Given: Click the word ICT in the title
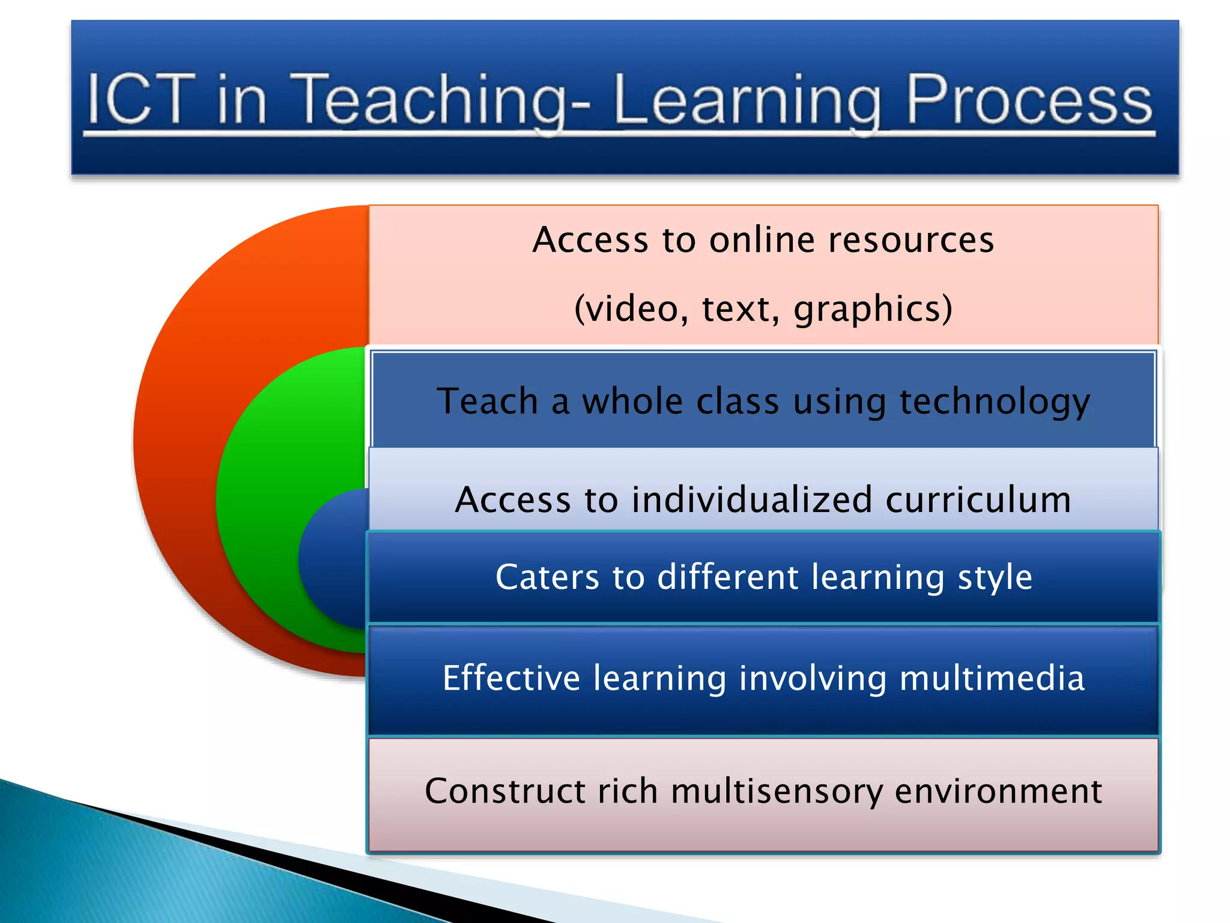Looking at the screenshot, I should [142, 99].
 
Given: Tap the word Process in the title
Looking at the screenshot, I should [1029, 99].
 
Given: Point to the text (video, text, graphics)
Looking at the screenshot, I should [763, 308].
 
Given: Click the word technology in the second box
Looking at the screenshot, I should [994, 401].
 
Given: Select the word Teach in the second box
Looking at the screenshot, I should [487, 401].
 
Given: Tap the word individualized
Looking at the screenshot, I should [751, 499].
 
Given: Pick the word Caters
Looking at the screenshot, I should [547, 577].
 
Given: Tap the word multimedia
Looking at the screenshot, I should [992, 678].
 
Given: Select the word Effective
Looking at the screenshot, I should [511, 678].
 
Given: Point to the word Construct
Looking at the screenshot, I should [504, 791].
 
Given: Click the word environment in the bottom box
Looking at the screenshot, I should [998, 791].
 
